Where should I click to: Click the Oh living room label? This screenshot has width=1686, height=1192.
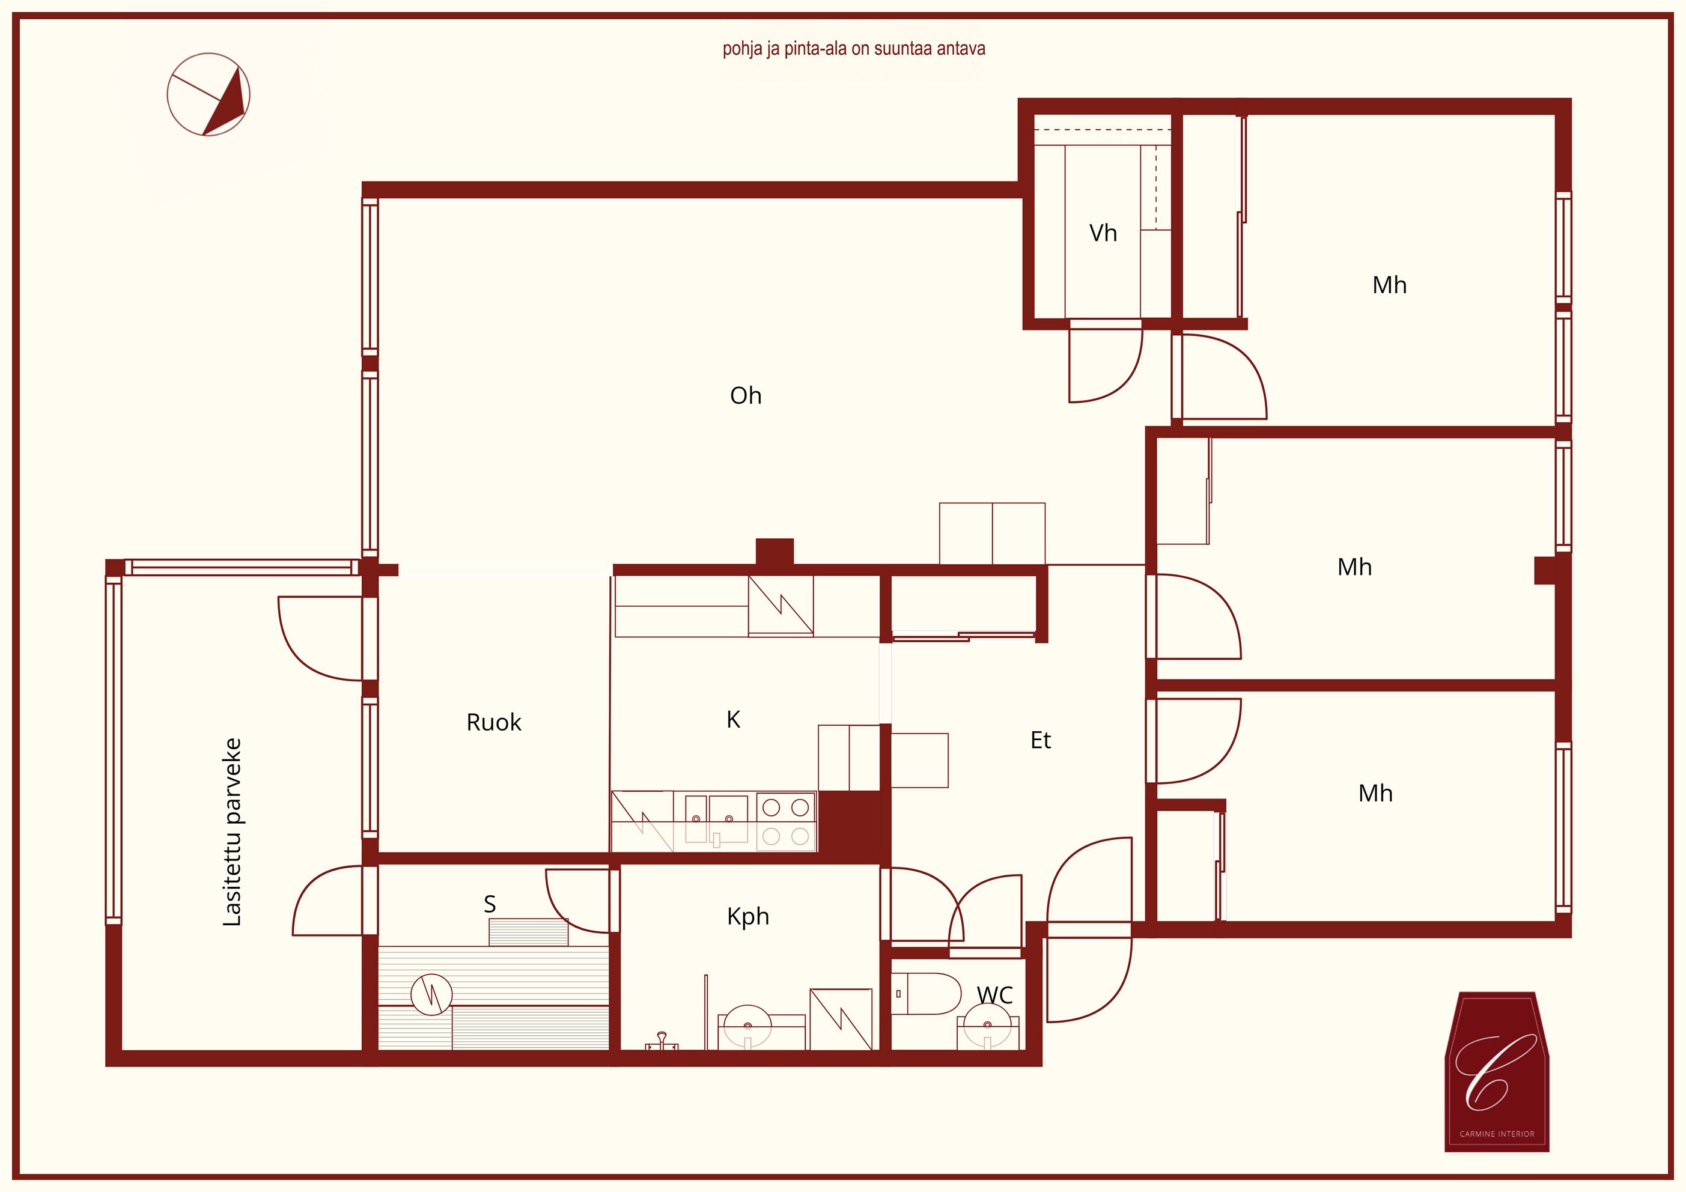click(745, 396)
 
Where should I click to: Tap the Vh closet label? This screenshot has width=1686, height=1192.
click(1103, 234)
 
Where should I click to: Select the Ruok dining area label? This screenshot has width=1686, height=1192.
click(493, 723)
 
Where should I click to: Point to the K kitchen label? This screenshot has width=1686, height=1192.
click(733, 720)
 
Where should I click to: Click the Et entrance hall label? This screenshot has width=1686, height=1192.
click(1041, 740)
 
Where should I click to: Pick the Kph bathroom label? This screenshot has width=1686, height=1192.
click(747, 917)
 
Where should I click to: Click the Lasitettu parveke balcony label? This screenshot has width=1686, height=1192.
click(232, 832)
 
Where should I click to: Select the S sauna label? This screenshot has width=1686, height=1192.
click(490, 904)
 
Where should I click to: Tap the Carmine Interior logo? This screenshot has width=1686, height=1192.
click(1497, 1072)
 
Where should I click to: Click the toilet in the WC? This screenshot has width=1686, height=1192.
click(926, 994)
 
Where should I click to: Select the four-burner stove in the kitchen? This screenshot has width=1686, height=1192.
click(786, 822)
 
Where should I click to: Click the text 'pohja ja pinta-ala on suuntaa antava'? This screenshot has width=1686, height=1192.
click(853, 49)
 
